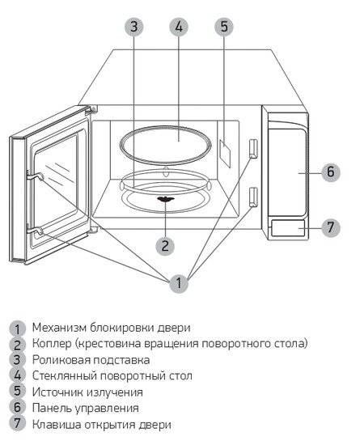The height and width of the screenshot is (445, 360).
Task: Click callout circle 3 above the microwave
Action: [134, 27]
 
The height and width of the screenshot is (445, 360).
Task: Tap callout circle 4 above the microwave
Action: [179, 27]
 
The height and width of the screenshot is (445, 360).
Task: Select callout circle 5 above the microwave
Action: [224, 27]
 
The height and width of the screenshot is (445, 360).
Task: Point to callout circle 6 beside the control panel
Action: [331, 172]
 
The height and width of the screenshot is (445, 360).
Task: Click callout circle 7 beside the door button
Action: [331, 227]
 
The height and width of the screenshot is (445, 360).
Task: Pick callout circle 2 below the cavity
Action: [165, 246]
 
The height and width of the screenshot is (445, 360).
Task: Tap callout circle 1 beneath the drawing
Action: [179, 283]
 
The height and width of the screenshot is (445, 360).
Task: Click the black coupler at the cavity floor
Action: [165, 199]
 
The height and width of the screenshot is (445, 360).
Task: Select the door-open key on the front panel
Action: [288, 228]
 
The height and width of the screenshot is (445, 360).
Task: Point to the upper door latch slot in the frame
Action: [253, 148]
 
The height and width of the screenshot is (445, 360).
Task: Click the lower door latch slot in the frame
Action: [253, 197]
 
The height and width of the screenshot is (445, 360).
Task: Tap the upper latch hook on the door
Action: [36, 177]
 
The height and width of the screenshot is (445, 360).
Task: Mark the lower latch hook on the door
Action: [36, 231]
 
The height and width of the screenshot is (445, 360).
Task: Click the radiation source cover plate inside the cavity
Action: [225, 154]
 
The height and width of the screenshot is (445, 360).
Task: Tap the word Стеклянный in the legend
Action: [65, 376]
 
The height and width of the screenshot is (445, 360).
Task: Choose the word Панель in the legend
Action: [52, 408]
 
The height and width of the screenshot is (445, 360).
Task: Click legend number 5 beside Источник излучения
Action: [18, 391]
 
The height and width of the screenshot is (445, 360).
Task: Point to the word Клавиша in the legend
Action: [56, 425]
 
